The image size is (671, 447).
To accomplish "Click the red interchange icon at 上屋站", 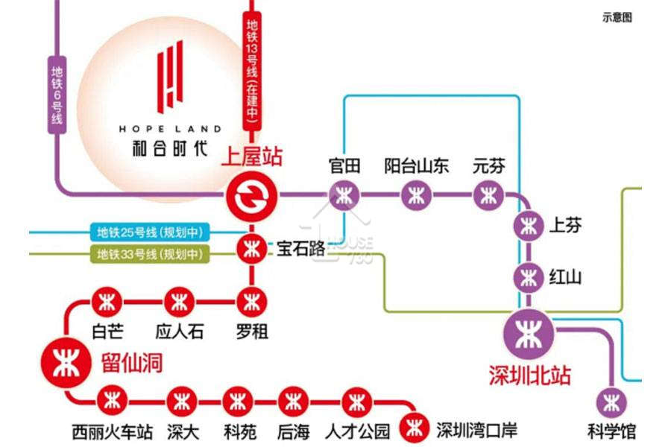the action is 252,197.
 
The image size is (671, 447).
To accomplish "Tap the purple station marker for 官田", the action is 344,196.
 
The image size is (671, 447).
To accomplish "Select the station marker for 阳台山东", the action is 416,196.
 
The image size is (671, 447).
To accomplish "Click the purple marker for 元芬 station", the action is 488,196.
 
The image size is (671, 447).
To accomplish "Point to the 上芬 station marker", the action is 529,226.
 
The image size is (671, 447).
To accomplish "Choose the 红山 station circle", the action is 529,278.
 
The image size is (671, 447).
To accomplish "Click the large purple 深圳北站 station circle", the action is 529,334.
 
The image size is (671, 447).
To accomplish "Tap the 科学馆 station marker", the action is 611,402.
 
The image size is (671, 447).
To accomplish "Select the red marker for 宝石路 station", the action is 252,249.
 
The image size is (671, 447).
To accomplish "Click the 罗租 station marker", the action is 252,302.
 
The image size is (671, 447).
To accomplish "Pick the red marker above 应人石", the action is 179,302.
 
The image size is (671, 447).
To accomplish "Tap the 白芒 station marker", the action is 107,302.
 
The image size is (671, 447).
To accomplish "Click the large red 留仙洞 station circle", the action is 66,363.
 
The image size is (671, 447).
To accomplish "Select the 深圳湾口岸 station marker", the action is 415,428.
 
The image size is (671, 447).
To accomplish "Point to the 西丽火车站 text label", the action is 112,432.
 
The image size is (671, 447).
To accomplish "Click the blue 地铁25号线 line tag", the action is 150,232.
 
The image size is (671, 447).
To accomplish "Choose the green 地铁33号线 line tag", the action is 150,254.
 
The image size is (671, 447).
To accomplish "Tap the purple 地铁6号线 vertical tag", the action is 57,95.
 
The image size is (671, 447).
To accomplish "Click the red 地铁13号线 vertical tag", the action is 252,71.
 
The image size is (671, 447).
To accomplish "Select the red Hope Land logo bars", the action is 170,77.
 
